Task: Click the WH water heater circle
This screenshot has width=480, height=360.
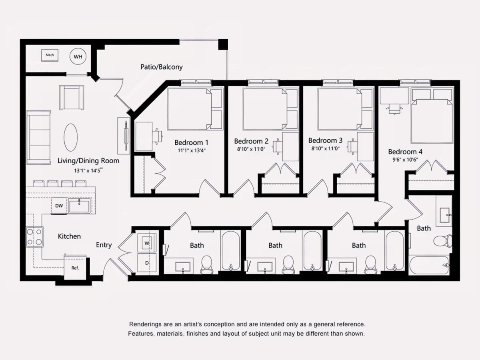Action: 78,56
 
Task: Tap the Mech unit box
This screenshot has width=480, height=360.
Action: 50,55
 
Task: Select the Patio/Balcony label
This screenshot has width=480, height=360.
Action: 161,67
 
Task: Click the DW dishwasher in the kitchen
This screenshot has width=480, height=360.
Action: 59,206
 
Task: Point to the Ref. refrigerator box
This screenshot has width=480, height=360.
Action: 75,268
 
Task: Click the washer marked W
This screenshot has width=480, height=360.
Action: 147,243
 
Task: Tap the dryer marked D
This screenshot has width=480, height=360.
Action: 147,263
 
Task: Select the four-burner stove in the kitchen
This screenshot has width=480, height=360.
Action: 34,237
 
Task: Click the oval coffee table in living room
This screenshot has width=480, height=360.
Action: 70,138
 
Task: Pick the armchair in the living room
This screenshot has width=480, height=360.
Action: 72,98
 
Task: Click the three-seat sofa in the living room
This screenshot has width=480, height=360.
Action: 39,137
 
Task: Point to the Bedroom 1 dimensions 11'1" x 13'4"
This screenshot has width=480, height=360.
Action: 192,150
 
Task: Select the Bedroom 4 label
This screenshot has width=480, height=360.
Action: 405,152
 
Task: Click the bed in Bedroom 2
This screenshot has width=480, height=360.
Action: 270,109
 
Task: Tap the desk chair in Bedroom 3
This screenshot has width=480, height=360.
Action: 352,146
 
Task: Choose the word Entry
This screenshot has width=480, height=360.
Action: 104,245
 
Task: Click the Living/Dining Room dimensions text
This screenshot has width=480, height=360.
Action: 88,170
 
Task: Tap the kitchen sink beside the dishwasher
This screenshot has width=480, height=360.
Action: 79,206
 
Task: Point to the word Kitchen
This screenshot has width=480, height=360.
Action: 69,236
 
